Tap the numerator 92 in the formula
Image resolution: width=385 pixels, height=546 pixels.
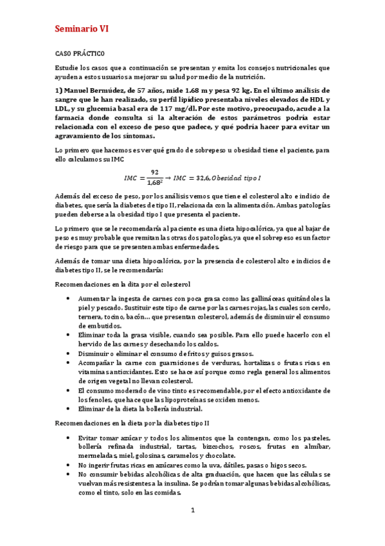154,171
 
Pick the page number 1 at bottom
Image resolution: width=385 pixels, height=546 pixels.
192,510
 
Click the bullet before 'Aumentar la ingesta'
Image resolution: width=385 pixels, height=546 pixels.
69,299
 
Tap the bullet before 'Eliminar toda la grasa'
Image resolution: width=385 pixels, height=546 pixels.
69,335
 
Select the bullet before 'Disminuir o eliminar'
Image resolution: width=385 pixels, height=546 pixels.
69,353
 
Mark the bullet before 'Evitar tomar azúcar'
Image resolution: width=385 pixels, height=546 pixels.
69,437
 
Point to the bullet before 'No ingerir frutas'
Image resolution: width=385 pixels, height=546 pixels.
69,464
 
